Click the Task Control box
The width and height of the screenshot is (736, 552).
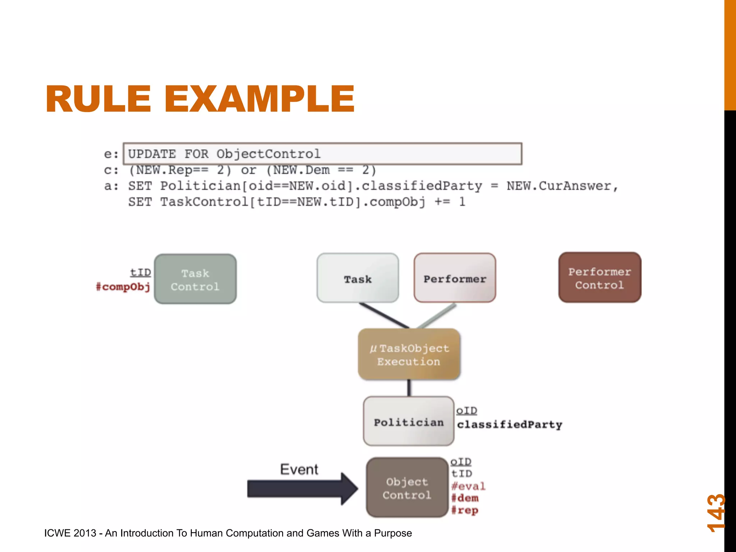(x=195, y=279)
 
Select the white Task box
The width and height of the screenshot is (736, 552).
(x=358, y=278)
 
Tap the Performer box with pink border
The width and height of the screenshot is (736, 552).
(x=455, y=278)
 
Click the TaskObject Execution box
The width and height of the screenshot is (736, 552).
(x=409, y=355)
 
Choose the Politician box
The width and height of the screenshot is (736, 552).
(x=409, y=422)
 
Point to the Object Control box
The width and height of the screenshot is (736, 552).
(x=407, y=488)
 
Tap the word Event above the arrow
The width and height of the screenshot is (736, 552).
(x=299, y=469)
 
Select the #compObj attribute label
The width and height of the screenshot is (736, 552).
(x=123, y=287)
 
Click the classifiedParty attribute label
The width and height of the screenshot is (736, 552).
(x=509, y=424)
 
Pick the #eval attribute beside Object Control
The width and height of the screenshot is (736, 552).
(x=468, y=486)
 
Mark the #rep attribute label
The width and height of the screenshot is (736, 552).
(x=465, y=510)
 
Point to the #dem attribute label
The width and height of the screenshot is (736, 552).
(x=465, y=498)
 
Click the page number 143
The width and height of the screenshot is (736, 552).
(x=716, y=513)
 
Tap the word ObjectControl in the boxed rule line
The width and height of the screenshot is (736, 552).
(x=268, y=154)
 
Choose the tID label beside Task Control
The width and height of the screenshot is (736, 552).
(x=141, y=272)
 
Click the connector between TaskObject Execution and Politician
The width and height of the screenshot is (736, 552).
(x=409, y=388)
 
